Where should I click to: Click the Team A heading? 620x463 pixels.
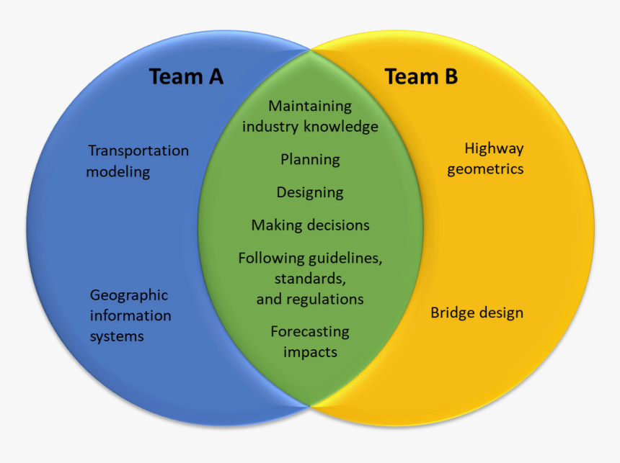click(x=186, y=76)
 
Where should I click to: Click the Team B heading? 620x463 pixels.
click(x=421, y=76)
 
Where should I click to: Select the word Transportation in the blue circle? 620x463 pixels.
click(x=138, y=150)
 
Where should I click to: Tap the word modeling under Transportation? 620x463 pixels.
click(x=118, y=172)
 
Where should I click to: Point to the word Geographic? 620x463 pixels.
click(x=129, y=295)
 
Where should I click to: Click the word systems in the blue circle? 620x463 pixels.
click(x=117, y=336)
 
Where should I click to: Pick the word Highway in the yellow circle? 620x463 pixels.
click(x=494, y=149)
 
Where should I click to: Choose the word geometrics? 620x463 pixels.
click(x=485, y=170)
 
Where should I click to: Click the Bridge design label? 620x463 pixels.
click(x=477, y=313)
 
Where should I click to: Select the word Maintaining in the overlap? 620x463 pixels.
click(x=310, y=106)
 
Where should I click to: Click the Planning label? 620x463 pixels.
click(x=310, y=160)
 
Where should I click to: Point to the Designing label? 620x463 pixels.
click(x=310, y=192)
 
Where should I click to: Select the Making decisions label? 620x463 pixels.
click(x=310, y=225)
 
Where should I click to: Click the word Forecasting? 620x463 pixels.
click(x=310, y=332)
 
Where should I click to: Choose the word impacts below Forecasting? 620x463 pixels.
click(x=310, y=352)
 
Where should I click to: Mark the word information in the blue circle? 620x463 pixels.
click(x=130, y=315)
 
